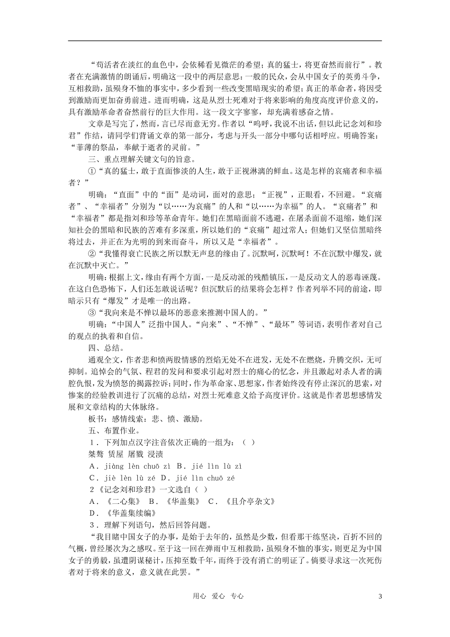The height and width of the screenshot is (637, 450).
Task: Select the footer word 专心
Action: [x=237, y=596]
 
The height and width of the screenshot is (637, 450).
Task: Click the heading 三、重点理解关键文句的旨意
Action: [x=142, y=159]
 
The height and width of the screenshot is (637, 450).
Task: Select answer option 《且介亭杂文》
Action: [x=249, y=501]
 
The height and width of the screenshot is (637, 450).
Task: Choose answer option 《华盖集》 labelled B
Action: [x=183, y=501]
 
